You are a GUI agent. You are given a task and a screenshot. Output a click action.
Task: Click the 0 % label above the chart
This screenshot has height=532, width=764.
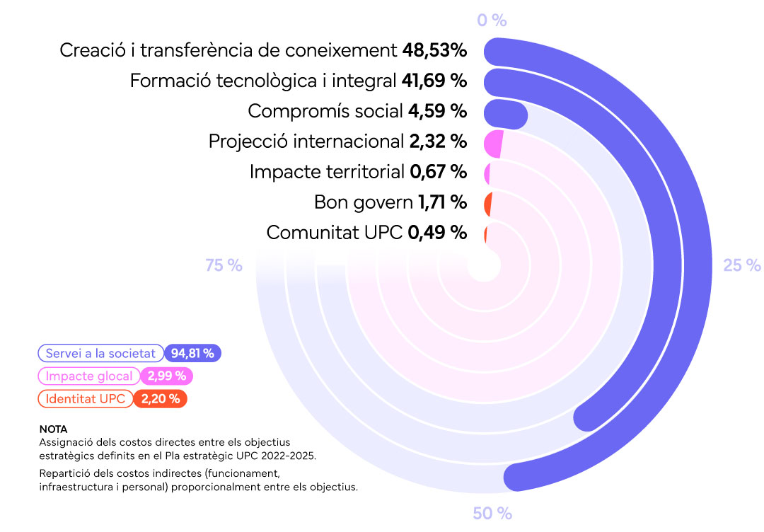point(492,20)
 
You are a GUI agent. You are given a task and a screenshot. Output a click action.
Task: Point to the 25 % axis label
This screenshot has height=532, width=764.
point(741,265)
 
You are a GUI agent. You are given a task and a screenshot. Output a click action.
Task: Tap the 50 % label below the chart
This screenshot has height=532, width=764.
point(492,514)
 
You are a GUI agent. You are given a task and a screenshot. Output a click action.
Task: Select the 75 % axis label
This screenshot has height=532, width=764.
point(224,265)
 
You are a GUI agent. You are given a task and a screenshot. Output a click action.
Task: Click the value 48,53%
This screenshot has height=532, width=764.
point(434,50)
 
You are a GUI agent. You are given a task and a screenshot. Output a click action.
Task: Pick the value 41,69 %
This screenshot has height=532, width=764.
point(434,81)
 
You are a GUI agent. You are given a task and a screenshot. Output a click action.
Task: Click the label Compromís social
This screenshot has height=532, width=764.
point(325,111)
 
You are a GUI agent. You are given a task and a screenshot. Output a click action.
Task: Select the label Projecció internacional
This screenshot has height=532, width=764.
point(306,141)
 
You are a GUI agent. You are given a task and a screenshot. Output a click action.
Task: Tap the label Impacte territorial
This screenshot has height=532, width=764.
point(328,171)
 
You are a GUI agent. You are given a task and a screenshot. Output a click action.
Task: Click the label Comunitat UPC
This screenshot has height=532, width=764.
point(334,232)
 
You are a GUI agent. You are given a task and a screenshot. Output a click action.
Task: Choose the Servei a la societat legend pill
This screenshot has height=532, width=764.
point(100,353)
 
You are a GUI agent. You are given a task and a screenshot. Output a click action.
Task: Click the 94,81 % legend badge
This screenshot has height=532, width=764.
point(192,353)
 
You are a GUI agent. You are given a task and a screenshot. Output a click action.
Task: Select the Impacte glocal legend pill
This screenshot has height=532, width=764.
point(88,376)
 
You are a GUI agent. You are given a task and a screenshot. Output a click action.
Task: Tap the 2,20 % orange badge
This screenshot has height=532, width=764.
point(161,399)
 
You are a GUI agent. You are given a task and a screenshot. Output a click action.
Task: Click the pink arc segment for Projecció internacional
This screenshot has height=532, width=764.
point(493,144)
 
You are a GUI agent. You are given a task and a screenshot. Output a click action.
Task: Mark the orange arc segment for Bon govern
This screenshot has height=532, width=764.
point(488,204)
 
